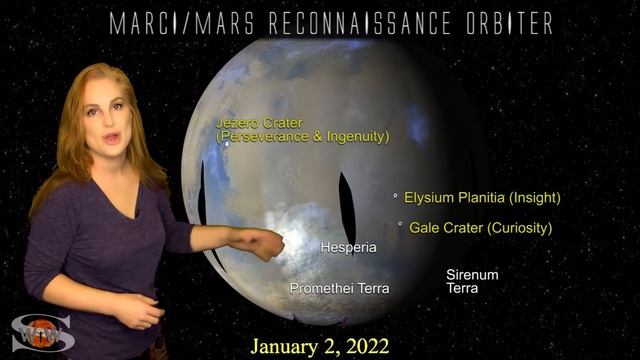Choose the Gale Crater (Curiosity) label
480,228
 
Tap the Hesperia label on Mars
348,246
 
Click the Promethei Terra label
339,288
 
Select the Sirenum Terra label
472,281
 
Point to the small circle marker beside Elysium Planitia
395,196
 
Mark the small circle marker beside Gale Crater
401,225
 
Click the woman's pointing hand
267,244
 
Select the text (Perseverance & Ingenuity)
302,136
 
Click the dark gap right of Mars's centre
347,206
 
